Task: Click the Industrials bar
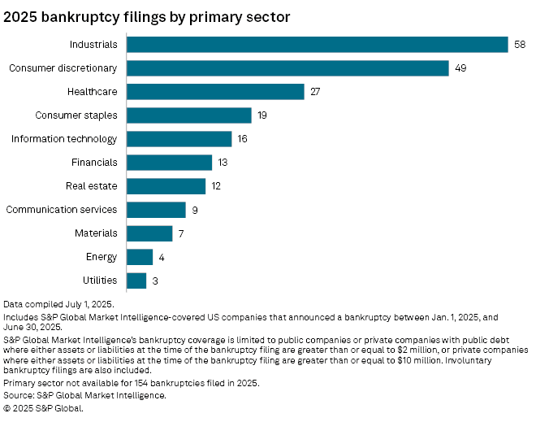pyautogui.click(x=317, y=45)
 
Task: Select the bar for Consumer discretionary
pyautogui.click(x=287, y=68)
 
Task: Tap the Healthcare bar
pyautogui.click(x=215, y=92)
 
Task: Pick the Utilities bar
pyautogui.click(x=136, y=281)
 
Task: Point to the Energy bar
pyautogui.click(x=140, y=257)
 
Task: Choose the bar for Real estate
pyautogui.click(x=166, y=186)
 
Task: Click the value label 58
pyautogui.click(x=520, y=45)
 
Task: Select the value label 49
pyautogui.click(x=460, y=68)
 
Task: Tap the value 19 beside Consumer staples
pyautogui.click(x=262, y=115)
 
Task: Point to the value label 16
pyautogui.click(x=243, y=139)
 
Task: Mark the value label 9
pyautogui.click(x=195, y=210)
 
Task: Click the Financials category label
pyautogui.click(x=94, y=163)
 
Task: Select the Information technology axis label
pyautogui.click(x=64, y=139)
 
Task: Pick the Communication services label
pyautogui.click(x=62, y=210)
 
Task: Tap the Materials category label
pyautogui.click(x=96, y=233)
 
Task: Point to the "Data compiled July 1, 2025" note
pyautogui.click(x=59, y=303)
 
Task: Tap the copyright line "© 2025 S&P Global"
pyautogui.click(x=44, y=408)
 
